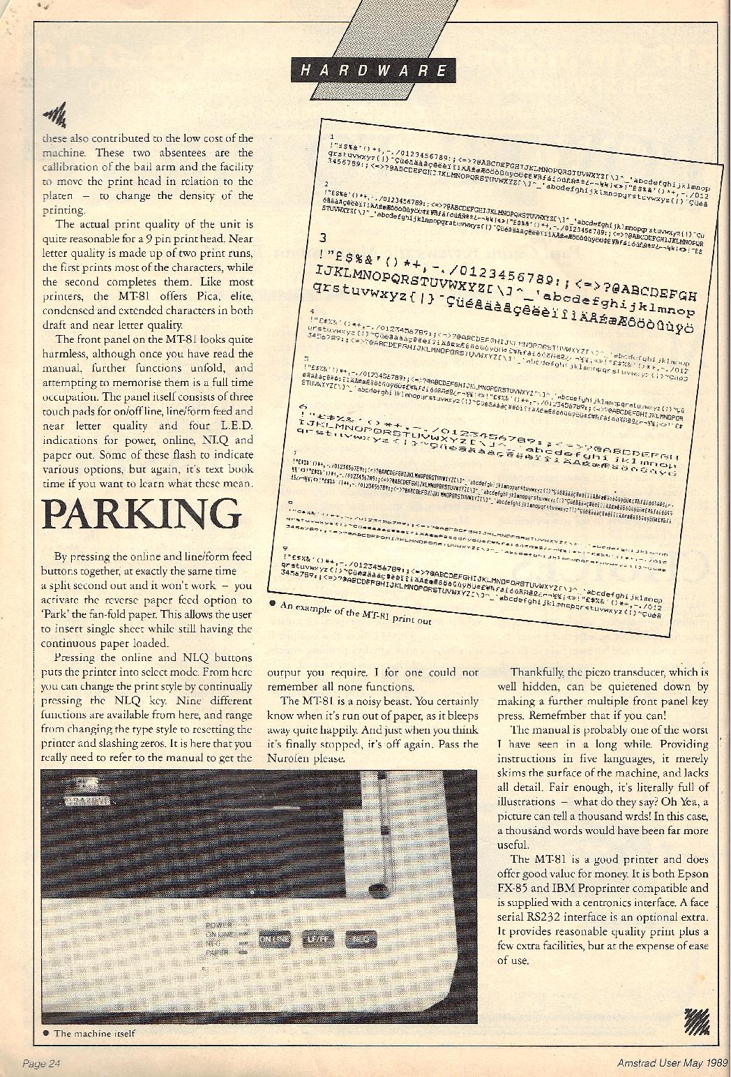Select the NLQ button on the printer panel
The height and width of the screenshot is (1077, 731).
coord(357,939)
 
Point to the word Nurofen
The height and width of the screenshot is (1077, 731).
coord(287,759)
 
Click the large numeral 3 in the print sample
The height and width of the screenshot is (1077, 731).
coord(323,237)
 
